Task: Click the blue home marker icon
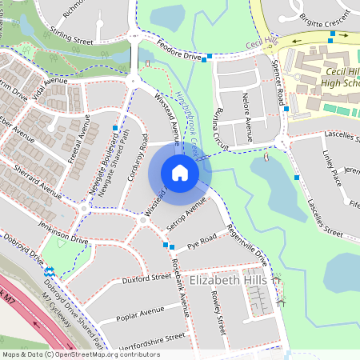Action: click(x=180, y=173)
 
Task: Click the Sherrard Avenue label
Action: click(x=38, y=182)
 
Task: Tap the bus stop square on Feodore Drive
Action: click(x=210, y=57)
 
